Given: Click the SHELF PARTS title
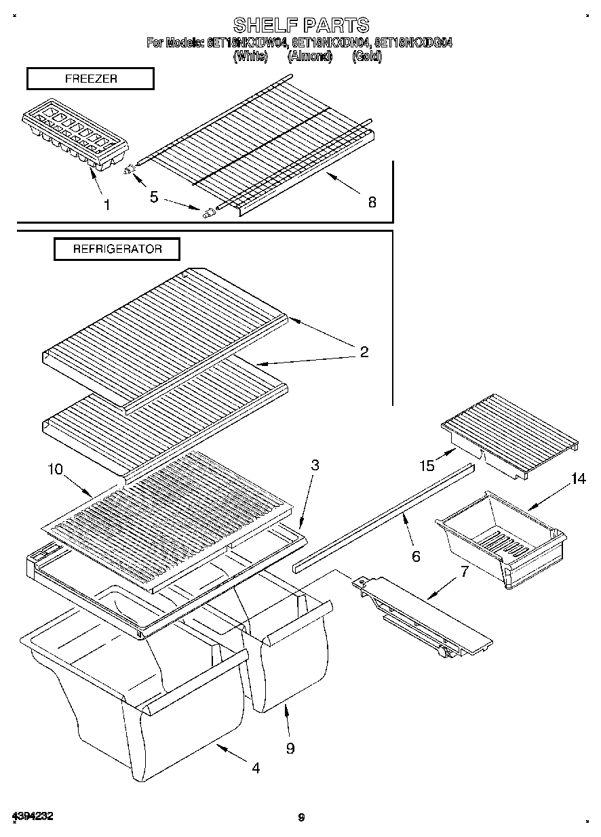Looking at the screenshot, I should [300, 25].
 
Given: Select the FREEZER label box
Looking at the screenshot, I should [90, 79].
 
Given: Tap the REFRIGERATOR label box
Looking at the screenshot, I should [117, 249].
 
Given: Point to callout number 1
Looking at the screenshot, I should [106, 204].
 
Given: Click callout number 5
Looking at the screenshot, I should [154, 197].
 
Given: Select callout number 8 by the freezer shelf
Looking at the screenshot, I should [372, 202].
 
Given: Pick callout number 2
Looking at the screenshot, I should [364, 352].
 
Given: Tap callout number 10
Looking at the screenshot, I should [55, 468].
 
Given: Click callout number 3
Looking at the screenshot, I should [315, 465].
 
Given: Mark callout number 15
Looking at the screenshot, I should [427, 466].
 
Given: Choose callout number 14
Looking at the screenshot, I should [578, 479].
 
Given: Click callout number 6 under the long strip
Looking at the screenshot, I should [416, 556].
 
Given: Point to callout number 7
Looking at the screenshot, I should [464, 571].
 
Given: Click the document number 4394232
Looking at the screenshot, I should [33, 816].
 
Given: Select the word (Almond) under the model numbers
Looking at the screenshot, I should [309, 57].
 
